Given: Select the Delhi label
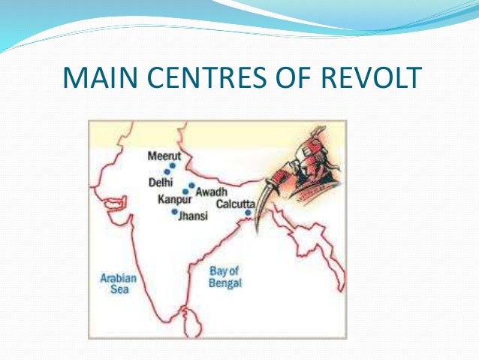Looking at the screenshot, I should pos(161,182).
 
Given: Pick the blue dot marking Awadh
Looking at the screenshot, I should pos(191,185).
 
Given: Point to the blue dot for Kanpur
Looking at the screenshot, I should pos(185,192).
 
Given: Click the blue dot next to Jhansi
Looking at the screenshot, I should pos(175,212).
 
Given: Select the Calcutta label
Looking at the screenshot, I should pos(235,204).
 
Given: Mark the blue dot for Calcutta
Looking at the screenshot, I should pos(249,213).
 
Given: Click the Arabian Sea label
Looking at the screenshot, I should pos(119,283).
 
